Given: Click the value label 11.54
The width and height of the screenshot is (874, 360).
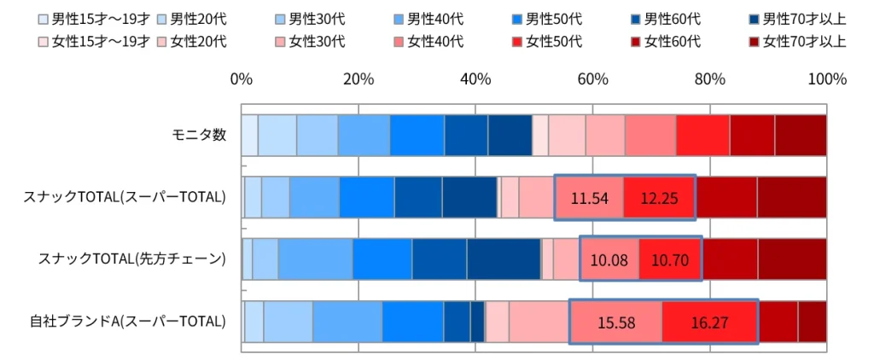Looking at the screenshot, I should [x=589, y=198].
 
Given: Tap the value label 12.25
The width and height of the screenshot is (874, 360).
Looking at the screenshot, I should [x=659, y=198].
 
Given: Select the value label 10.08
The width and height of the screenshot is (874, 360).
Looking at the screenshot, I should [x=609, y=259].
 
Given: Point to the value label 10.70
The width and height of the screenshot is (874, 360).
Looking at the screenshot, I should [x=670, y=259].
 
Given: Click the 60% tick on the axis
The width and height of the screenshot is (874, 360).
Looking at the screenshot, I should [x=592, y=79].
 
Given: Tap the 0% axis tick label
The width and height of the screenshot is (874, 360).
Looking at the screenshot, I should [x=242, y=79].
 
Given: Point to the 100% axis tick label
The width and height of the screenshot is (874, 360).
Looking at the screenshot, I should [x=826, y=79].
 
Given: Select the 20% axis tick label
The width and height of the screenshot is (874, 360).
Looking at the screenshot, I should [x=358, y=79].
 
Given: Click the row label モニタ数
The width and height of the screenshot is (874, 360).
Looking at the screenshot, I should [x=198, y=135].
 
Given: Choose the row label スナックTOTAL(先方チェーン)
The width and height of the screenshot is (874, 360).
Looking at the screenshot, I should [x=131, y=259].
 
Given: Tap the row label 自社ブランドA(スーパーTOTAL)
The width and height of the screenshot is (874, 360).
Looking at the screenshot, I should [x=128, y=322].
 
